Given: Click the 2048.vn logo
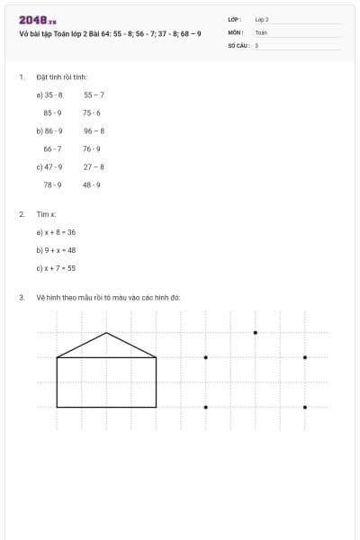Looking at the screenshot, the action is point(38,19).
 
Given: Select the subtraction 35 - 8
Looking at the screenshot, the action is point(53,94).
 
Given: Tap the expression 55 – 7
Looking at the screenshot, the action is point(94,94).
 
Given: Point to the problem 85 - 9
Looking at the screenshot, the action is point(52,112).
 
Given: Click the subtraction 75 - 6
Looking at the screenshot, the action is point(92,112).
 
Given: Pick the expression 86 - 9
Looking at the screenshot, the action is point(53,130).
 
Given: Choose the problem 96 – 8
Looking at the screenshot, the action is point(94,130).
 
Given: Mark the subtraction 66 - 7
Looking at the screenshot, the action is point(52,148).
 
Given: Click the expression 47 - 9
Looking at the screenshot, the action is point(53,166).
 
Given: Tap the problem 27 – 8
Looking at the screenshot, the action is point(94,166).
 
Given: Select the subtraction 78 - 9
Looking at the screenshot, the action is point(52,184).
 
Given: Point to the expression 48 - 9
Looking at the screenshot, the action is point(92,184).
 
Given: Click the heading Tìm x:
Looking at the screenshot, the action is point(46,214).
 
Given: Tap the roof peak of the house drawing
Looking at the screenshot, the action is point(107,333).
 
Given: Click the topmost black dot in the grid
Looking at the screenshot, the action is point(255,333).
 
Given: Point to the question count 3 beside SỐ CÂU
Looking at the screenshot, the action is point(256,45).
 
